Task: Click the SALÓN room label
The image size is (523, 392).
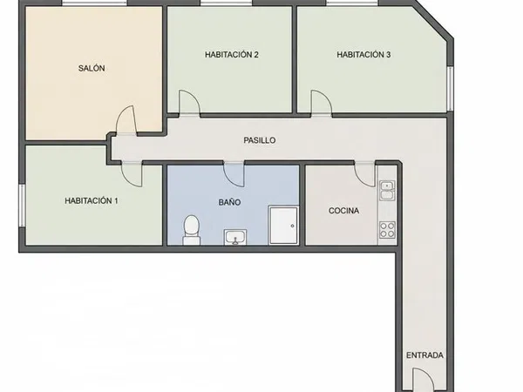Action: [92, 68]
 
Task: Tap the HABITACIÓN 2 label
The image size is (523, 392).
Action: [232, 55]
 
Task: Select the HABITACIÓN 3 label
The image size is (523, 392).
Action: [363, 55]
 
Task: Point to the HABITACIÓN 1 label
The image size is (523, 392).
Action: [91, 201]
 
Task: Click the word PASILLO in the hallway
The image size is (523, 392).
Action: [260, 140]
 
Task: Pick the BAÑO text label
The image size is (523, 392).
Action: [230, 202]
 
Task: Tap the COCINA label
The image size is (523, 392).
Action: [344, 211]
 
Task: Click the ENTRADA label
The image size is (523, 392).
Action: [425, 355]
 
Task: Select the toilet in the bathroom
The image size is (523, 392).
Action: [192, 230]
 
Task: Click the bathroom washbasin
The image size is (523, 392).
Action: [235, 237]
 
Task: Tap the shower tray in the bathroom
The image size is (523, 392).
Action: [283, 226]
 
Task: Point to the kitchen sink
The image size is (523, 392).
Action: [387, 190]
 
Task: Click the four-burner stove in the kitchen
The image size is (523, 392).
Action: [387, 230]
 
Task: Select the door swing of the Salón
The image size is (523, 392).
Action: [126, 120]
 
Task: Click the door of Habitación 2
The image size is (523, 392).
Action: [189, 103]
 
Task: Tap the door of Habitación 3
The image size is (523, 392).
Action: [322, 103]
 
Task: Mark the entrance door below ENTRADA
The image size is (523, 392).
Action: [424, 380]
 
